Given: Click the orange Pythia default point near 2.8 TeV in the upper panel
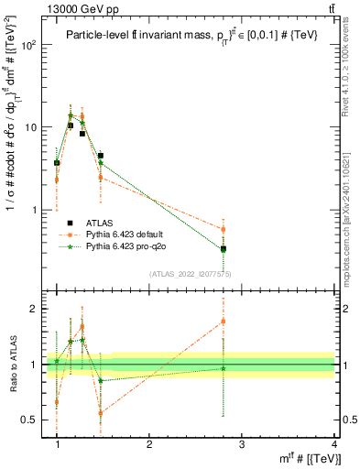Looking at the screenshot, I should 224,229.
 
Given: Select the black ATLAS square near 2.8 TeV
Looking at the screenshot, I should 224,248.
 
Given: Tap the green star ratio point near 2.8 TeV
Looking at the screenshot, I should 224,368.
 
